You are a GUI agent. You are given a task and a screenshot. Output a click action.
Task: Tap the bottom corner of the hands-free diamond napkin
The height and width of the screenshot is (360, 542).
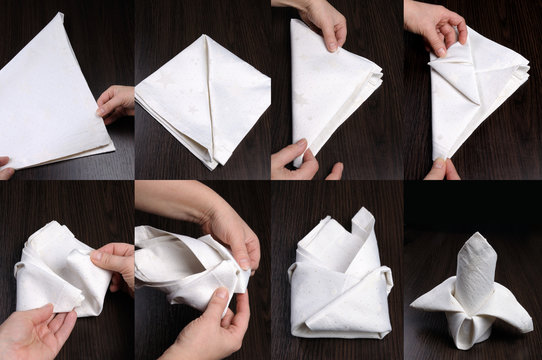pos(211,167)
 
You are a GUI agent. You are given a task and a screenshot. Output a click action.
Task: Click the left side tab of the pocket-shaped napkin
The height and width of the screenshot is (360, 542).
pos(294,272)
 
